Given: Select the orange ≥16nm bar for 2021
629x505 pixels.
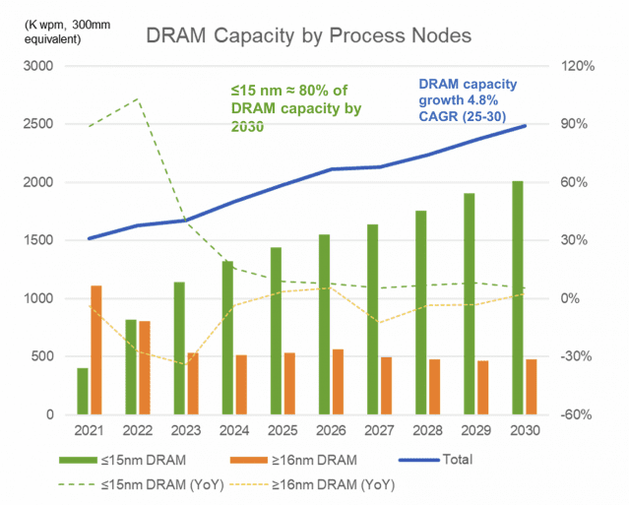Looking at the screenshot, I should [96, 349].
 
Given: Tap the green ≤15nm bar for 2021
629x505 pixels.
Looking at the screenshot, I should [83, 391].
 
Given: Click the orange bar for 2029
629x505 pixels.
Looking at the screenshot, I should [482, 387].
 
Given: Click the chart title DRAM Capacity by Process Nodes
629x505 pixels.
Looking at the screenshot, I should [308, 35].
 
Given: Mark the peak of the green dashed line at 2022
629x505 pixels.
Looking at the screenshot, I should [137, 98].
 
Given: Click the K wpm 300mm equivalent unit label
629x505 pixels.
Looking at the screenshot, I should [47, 31].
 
